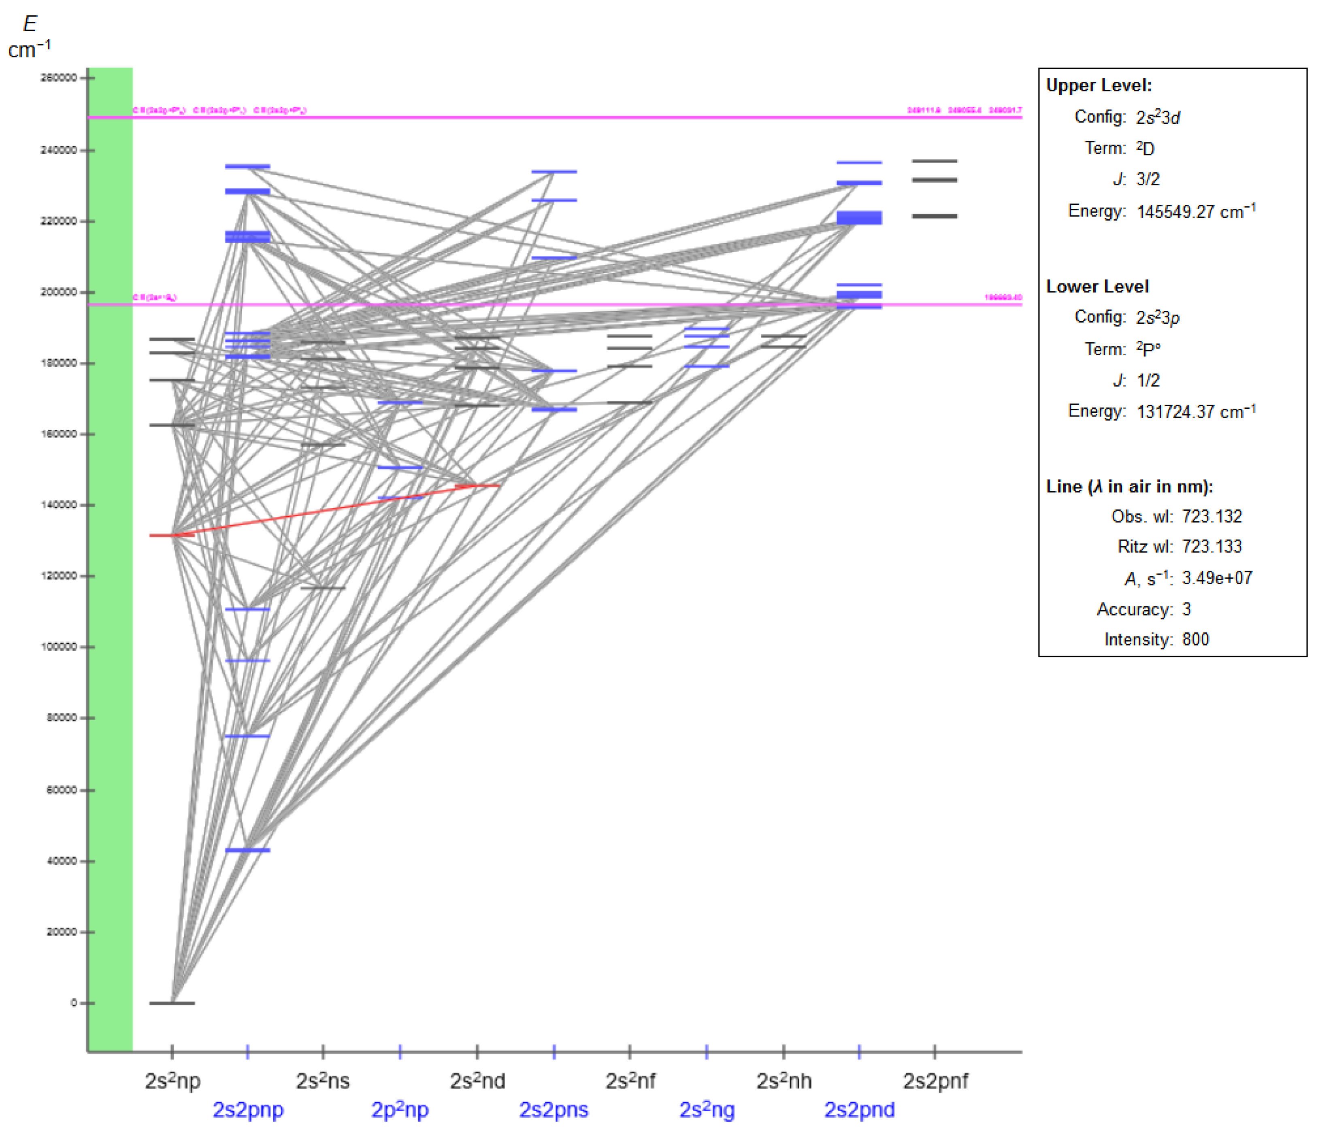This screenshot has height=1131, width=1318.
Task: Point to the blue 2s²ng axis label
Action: tap(707, 1110)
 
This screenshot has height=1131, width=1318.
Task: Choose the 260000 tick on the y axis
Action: tap(59, 78)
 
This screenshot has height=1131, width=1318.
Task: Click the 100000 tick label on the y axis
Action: tap(59, 647)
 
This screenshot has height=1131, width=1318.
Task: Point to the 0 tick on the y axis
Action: tap(73, 1003)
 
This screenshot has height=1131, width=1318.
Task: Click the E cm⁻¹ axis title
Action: tap(29, 36)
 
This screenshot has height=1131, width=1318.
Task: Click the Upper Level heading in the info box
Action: tap(1099, 85)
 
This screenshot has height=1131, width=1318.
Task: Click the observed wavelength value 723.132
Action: tap(1212, 516)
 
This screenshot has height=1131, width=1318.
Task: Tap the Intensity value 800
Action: tap(1195, 640)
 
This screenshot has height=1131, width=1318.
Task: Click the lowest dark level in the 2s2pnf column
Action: tap(935, 216)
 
